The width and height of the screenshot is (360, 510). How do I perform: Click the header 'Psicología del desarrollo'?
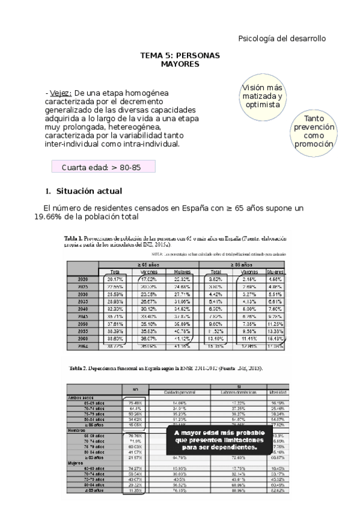[x=282, y=38]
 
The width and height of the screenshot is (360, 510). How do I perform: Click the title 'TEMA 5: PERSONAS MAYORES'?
[x=180, y=59]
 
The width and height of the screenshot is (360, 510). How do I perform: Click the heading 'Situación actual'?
[x=88, y=191]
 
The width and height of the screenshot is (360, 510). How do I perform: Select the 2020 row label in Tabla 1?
[x=84, y=279]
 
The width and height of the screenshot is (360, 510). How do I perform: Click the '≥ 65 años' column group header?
[x=148, y=264]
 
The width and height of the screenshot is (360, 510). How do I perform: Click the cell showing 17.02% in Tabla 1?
[x=148, y=279]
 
